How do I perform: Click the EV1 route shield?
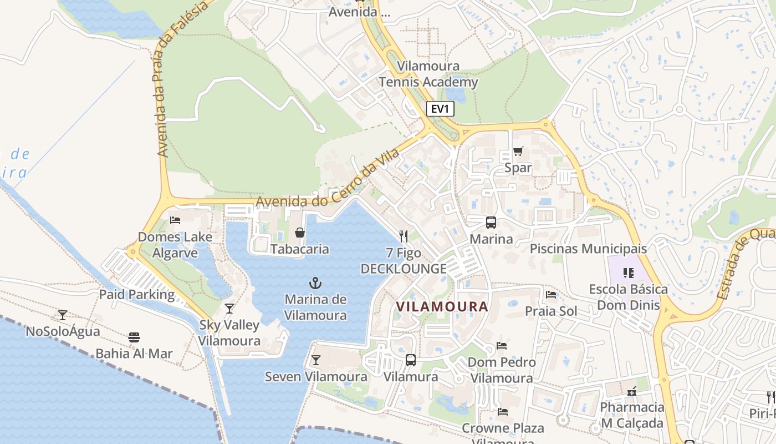(x=440, y=109)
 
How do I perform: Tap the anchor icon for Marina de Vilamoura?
(x=315, y=283)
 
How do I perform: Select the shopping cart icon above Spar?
(x=518, y=151)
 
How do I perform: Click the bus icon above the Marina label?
(x=491, y=223)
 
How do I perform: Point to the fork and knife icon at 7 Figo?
(x=404, y=236)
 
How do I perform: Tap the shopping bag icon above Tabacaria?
(x=300, y=233)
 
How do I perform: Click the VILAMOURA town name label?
(x=442, y=306)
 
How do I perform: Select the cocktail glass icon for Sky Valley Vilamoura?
(x=229, y=309)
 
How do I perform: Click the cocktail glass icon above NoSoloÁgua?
(x=63, y=315)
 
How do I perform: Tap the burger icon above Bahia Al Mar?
(x=134, y=337)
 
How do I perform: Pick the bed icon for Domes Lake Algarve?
(x=175, y=220)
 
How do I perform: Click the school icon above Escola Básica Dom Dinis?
(x=628, y=273)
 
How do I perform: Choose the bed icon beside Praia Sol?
(x=550, y=294)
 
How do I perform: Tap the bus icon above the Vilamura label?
(x=411, y=360)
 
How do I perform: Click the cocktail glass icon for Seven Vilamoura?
(x=315, y=360)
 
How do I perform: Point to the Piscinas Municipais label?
(x=588, y=248)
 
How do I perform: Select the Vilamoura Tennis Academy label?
(x=428, y=74)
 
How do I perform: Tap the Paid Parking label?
(x=137, y=294)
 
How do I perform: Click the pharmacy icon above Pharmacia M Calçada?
(x=631, y=391)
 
